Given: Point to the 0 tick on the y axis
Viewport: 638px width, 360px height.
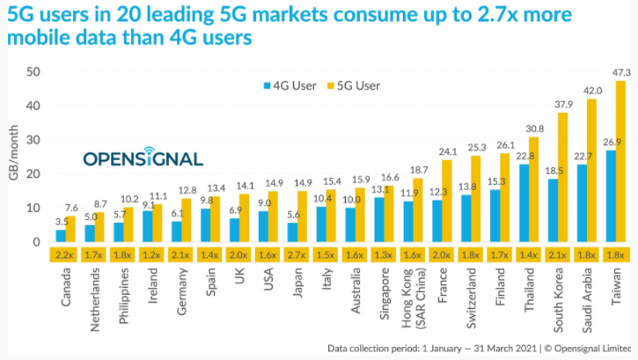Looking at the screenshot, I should [36, 242].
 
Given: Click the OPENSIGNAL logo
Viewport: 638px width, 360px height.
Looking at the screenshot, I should [143, 158].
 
